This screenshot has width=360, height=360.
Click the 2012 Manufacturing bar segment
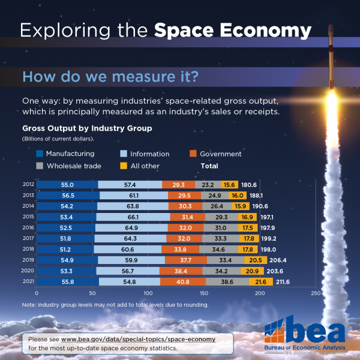(x=67, y=185)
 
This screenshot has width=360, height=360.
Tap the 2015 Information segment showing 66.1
(x=133, y=217)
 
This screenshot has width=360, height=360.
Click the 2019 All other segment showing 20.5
(x=254, y=260)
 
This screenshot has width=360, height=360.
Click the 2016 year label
(x=28, y=227)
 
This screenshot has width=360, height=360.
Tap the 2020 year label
(x=28, y=271)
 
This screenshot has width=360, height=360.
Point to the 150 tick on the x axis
(x=204, y=293)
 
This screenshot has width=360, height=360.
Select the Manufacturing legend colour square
(x=39, y=154)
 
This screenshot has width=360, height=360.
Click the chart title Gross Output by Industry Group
(x=87, y=128)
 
